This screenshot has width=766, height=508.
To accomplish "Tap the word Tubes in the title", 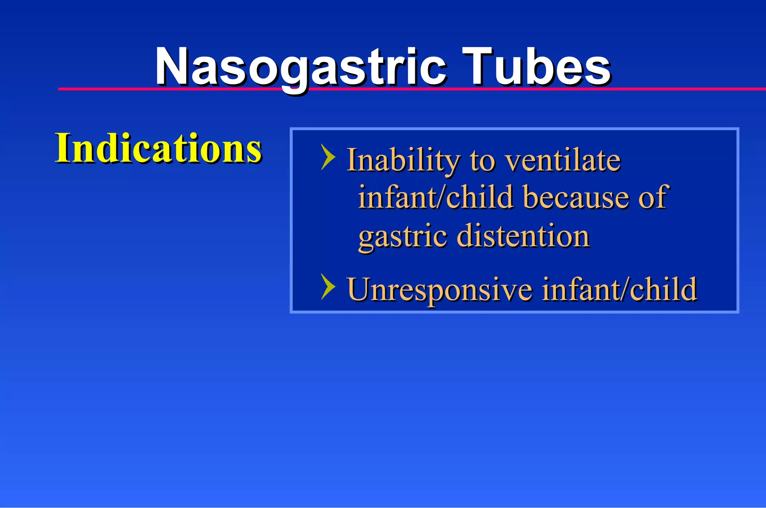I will click(x=536, y=67).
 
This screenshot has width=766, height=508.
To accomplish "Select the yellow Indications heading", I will click(x=158, y=148).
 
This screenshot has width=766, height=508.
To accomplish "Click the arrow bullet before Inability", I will click(x=328, y=157).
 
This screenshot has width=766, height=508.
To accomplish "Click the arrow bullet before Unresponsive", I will click(x=328, y=286).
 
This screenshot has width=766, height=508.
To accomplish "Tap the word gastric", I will click(x=402, y=236).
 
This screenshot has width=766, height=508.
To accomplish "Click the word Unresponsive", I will click(x=439, y=289).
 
